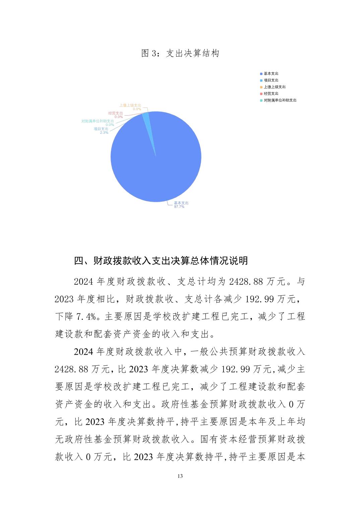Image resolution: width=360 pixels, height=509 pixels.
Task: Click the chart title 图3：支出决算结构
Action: click(180, 54)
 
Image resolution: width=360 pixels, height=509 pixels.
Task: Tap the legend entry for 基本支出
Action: click(271, 74)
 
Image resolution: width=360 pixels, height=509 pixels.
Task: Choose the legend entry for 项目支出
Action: click(271, 80)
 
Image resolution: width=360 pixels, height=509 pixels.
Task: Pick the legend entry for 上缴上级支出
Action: click(275, 87)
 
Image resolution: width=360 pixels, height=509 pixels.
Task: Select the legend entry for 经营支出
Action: click(271, 94)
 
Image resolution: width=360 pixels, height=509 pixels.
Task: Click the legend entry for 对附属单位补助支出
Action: click(280, 100)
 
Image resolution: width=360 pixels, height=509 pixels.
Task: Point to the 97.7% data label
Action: click(179, 207)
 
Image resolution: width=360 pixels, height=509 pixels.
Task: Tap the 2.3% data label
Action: click(104, 133)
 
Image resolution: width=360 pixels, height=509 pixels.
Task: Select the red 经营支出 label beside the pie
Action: click(116, 113)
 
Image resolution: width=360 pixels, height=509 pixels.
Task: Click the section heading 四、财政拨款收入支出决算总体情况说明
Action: click(161, 260)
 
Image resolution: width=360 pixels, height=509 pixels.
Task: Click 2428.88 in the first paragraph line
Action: click(246, 282)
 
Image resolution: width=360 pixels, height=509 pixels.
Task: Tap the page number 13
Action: click(180, 476)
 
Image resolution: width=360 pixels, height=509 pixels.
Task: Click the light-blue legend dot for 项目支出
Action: click(261, 80)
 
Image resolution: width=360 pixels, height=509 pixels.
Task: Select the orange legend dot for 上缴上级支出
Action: click(261, 87)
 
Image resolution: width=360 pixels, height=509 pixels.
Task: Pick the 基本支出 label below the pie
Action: click(181, 203)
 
